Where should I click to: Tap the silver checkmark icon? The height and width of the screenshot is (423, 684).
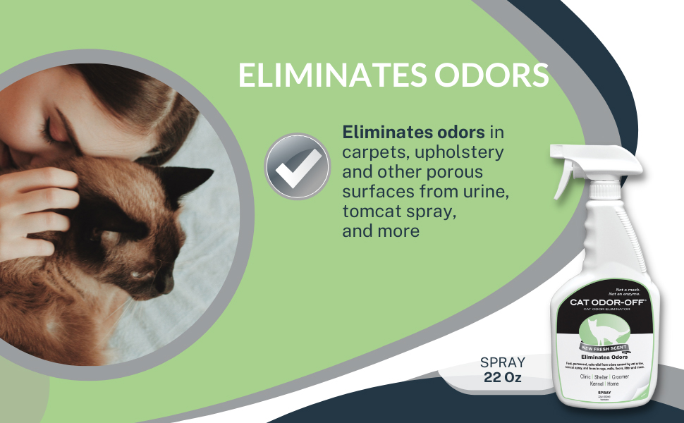pos(297,166)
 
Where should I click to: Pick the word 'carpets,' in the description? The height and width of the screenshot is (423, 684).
pos(372,152)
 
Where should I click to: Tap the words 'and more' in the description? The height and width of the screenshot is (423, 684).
pos(381,231)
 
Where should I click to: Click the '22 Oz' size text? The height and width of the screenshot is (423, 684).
pos(503,377)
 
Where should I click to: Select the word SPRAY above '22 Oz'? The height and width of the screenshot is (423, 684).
pos(503,362)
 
